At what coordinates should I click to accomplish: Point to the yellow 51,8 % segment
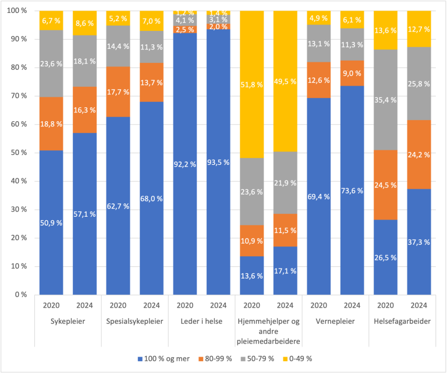251,85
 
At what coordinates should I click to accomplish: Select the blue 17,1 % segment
285,270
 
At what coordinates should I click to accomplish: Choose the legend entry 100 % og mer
166,357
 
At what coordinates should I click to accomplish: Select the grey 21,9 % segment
285,183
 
